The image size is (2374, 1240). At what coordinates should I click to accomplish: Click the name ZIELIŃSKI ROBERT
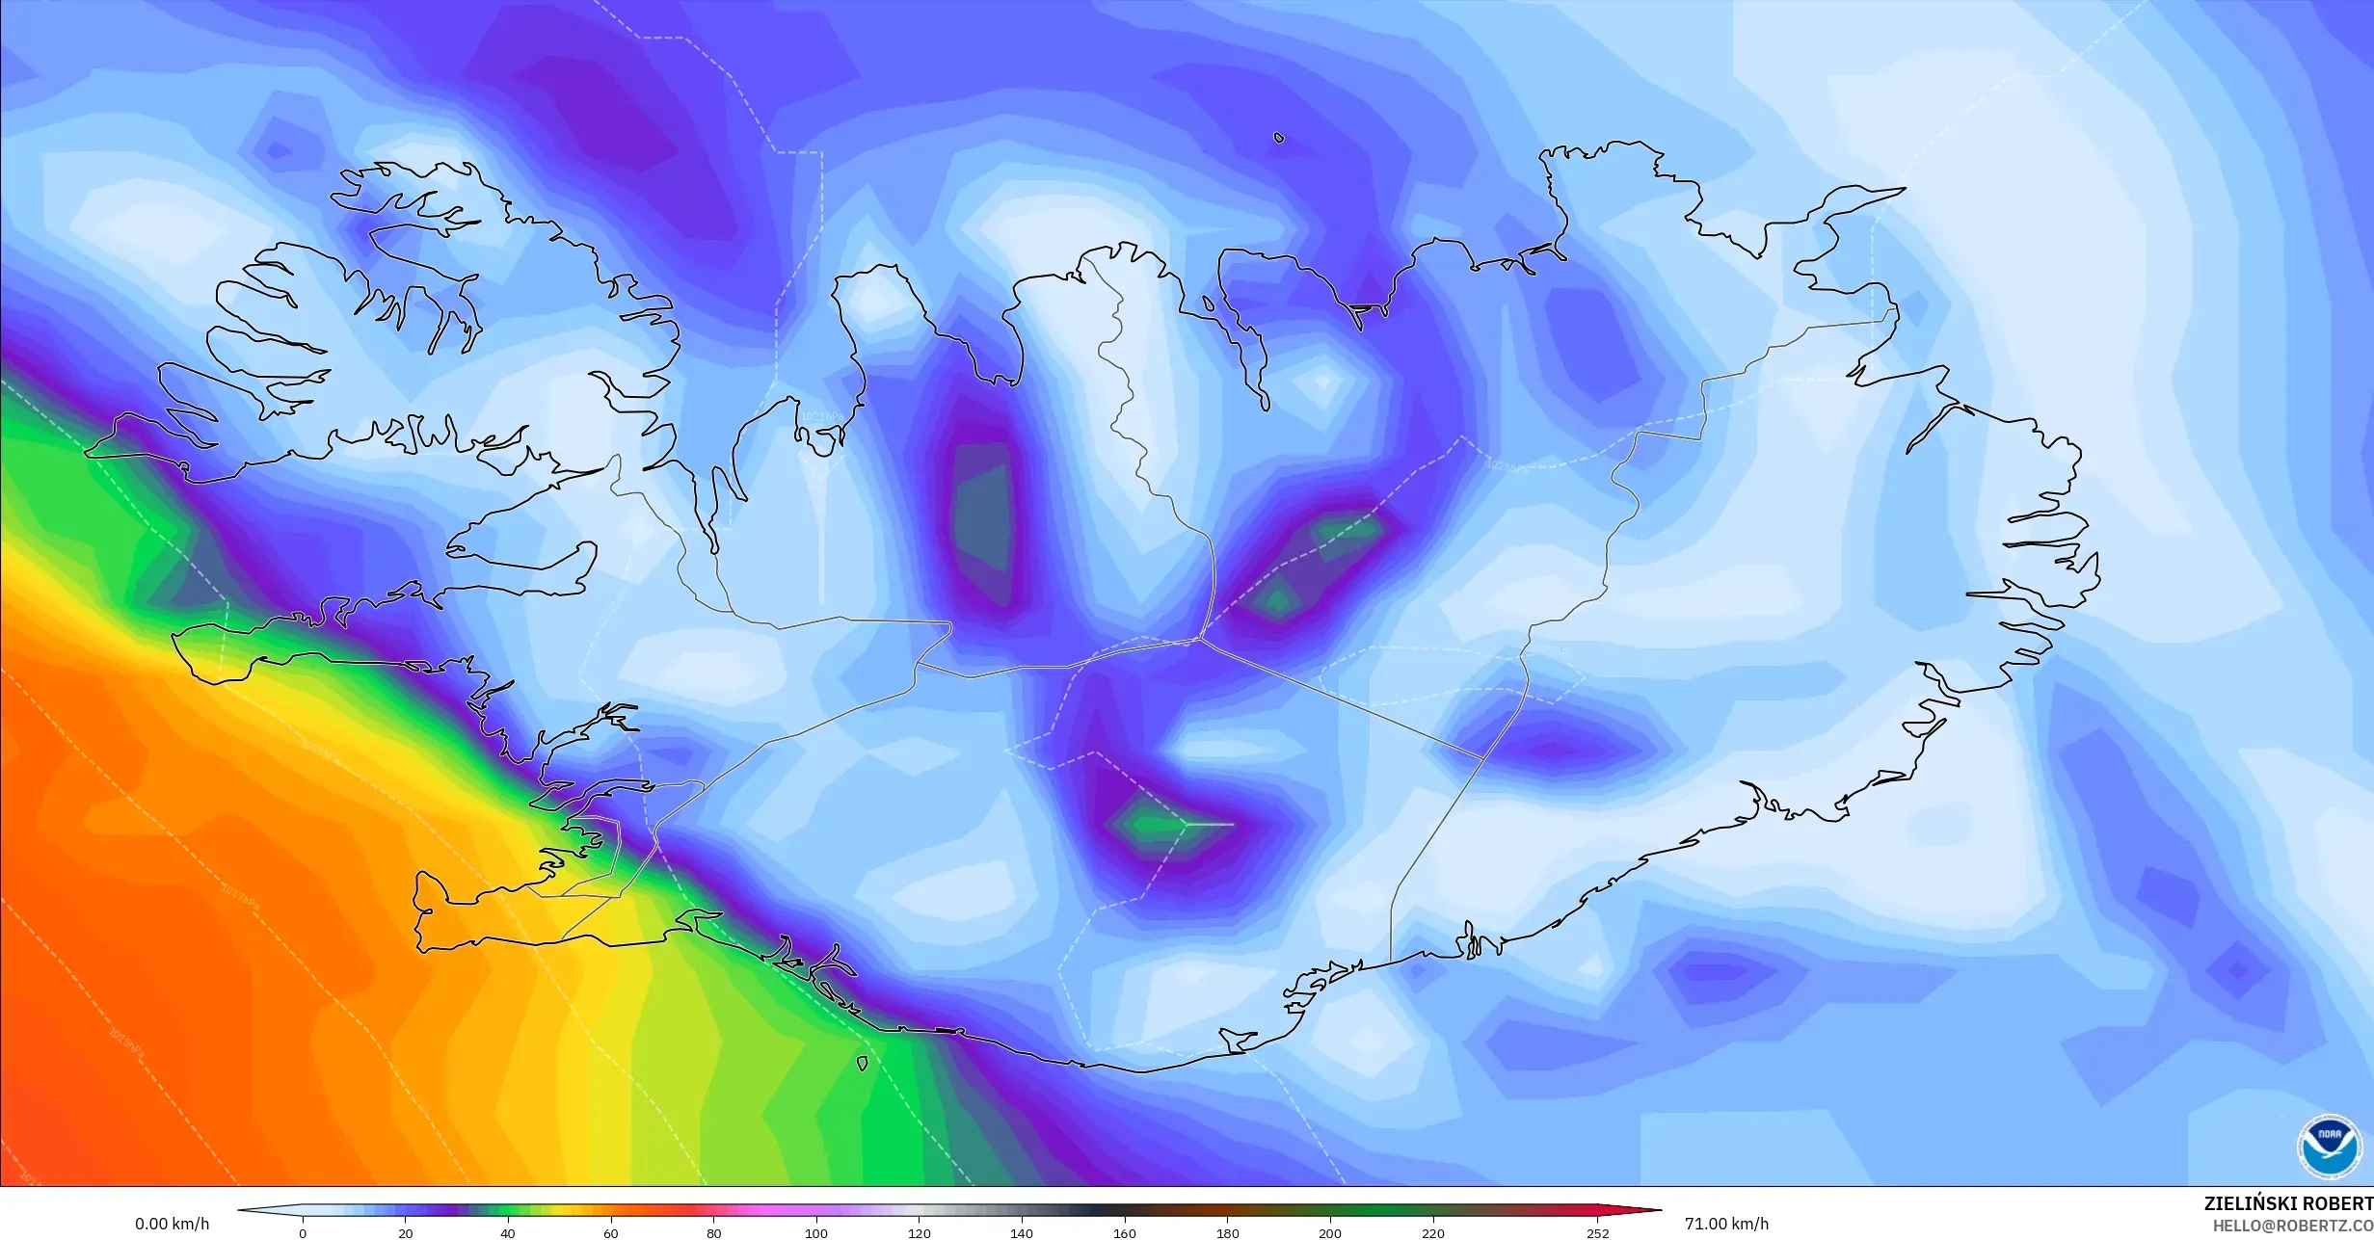click(x=2288, y=1203)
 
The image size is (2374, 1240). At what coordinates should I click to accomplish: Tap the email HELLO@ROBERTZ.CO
click(x=2292, y=1226)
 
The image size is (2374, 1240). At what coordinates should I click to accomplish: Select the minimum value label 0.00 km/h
click(x=172, y=1225)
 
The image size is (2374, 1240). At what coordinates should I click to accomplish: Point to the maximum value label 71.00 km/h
click(x=1726, y=1225)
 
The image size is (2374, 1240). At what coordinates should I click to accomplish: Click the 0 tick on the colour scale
click(x=303, y=1232)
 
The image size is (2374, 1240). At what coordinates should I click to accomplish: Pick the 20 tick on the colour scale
click(x=406, y=1232)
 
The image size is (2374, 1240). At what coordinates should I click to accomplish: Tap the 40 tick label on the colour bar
click(x=508, y=1232)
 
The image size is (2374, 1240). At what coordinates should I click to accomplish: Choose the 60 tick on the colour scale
click(x=611, y=1232)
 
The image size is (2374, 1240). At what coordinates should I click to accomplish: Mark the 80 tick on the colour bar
click(x=713, y=1232)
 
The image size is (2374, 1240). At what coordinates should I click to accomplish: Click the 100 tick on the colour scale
click(x=816, y=1232)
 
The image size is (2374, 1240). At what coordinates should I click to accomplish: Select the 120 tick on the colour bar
click(x=920, y=1232)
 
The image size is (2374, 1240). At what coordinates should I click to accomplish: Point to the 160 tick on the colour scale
click(x=1125, y=1232)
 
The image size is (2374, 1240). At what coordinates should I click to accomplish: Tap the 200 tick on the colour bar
click(x=1330, y=1232)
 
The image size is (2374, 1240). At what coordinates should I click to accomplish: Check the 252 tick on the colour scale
click(x=1597, y=1232)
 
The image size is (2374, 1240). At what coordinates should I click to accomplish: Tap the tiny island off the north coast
click(x=1279, y=138)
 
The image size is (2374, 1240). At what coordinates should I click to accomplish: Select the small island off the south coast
click(x=862, y=1064)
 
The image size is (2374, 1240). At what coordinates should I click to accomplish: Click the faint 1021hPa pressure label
click(x=821, y=415)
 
